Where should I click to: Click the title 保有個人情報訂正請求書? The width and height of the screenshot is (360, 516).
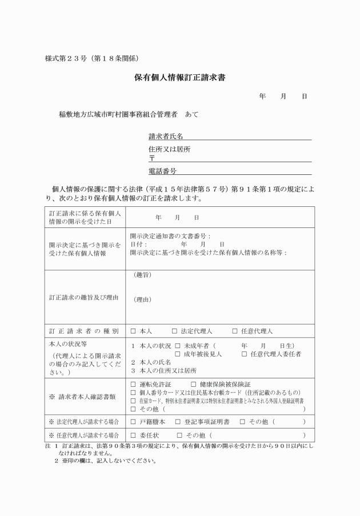[180, 77]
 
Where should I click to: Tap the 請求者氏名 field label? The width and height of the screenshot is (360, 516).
[166, 136]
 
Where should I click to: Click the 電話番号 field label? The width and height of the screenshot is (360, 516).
[162, 170]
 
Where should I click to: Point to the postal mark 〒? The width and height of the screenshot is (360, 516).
[151, 158]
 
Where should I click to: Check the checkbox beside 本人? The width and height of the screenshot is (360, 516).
[133, 331]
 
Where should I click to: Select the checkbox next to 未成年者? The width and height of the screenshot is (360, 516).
[178, 346]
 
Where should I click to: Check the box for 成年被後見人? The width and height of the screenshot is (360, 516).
[178, 354]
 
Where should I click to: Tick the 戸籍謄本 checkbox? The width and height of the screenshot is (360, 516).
[133, 422]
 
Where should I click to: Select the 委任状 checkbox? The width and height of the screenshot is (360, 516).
[133, 435]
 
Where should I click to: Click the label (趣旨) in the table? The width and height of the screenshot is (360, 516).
[142, 275]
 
